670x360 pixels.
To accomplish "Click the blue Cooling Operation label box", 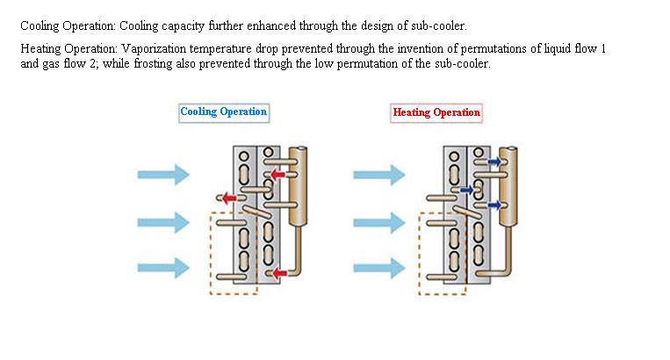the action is point(224,113).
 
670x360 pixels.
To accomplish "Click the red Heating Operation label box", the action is point(436,113).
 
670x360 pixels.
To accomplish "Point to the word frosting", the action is point(153,63).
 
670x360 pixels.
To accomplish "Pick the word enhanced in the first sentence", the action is point(271,25).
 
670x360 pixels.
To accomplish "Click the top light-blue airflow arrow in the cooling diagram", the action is point(163,175).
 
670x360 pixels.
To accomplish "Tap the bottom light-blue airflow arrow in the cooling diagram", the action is point(163,268).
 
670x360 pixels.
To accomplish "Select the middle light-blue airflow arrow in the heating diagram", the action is point(379,222).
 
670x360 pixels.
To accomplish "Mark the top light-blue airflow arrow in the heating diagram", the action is point(379,175).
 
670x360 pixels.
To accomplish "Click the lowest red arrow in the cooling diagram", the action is point(279,273).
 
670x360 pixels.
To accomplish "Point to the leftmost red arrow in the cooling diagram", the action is point(229,198).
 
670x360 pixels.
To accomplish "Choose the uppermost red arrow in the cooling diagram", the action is point(277,174).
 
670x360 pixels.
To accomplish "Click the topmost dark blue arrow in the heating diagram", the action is point(494,162).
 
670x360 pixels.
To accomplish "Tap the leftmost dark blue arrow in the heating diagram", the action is point(466,190).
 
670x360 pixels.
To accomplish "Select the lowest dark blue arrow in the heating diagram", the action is point(494,205).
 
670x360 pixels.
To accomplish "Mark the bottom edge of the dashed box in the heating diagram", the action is point(443,294).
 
